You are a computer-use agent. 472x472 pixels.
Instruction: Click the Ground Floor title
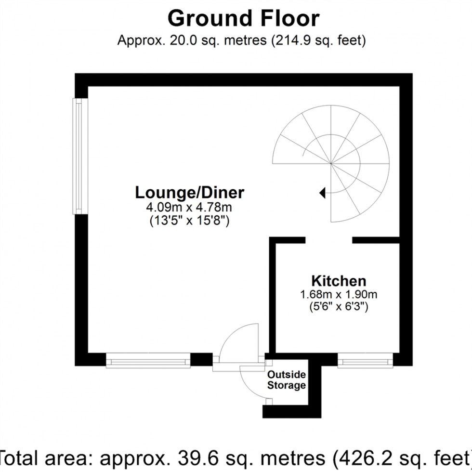(x=243, y=19)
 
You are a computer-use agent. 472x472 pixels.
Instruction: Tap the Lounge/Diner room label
(x=190, y=193)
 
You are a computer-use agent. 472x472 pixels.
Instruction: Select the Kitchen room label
(x=339, y=281)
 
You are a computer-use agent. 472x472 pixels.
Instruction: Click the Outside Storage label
(x=286, y=380)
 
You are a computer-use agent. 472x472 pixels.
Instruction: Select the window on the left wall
(x=77, y=157)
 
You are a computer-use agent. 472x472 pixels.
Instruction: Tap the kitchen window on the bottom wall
(x=366, y=360)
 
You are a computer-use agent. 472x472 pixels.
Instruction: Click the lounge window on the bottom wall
(x=148, y=360)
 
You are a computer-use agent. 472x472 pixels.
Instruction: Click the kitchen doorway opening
(x=329, y=240)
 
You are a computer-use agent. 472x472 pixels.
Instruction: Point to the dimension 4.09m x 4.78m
(x=189, y=209)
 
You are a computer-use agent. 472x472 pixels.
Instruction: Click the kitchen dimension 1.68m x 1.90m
(x=339, y=294)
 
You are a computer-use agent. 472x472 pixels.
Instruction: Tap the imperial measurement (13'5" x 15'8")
(x=189, y=222)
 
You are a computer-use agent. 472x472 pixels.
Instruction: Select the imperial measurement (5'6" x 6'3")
(x=339, y=306)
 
